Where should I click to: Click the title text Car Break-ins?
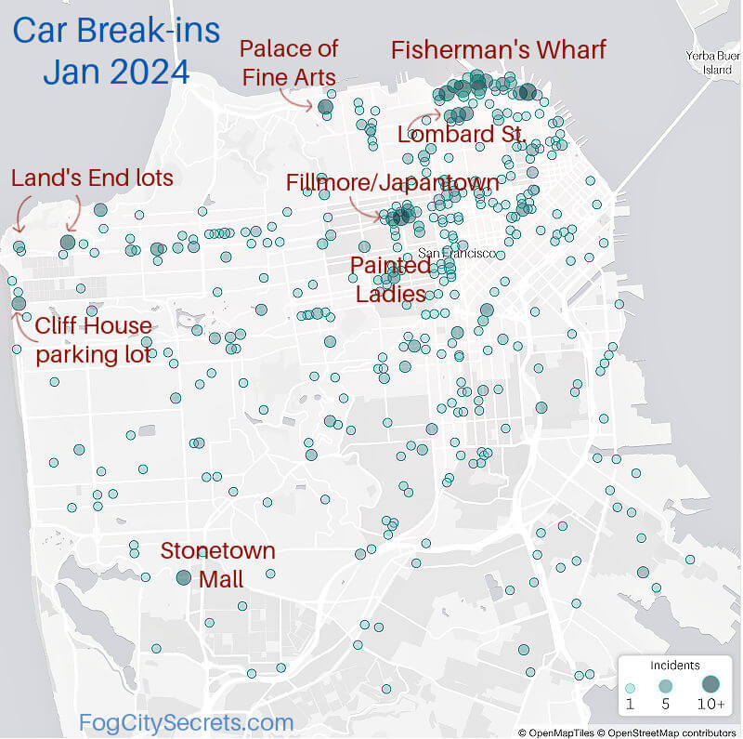tap(116, 30)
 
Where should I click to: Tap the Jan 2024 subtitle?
tap(115, 72)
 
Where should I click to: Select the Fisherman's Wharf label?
tap(498, 49)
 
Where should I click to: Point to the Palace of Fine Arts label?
tap(289, 61)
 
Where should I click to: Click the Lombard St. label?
tap(462, 134)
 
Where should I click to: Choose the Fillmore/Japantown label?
tap(392, 182)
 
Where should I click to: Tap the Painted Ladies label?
tap(390, 280)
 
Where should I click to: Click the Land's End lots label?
tap(92, 178)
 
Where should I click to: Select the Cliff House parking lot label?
tap(93, 339)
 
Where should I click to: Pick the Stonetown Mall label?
tap(218, 564)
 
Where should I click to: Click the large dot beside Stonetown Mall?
tap(184, 577)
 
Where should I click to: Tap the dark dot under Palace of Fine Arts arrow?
tap(325, 108)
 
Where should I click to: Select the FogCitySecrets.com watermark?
tap(186, 722)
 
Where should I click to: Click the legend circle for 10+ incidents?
tap(710, 684)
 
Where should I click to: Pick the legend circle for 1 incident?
tap(631, 686)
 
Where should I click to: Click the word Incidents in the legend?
tap(669, 666)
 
